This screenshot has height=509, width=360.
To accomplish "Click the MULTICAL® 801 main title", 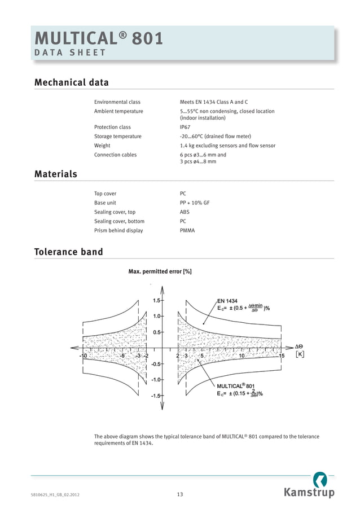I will click(99, 38).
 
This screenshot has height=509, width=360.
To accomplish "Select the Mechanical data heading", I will click(72, 82).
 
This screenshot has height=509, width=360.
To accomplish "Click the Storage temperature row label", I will click(118, 136).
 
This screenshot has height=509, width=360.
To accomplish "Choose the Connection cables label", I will click(115, 155).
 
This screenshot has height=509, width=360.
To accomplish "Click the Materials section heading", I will click(56, 174).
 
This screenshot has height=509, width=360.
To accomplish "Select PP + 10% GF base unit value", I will click(194, 203).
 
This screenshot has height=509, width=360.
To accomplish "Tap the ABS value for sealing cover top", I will click(185, 212).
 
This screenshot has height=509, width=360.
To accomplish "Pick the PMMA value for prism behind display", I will click(187, 230).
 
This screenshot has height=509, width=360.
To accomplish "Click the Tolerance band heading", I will click(69, 252).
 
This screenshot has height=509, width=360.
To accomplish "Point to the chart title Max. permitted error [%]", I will click(160, 271).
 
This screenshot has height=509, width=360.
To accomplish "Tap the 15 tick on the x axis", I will click(282, 356).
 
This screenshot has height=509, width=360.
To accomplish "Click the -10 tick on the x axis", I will click(82, 356).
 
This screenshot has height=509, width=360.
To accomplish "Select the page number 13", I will click(179, 495).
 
